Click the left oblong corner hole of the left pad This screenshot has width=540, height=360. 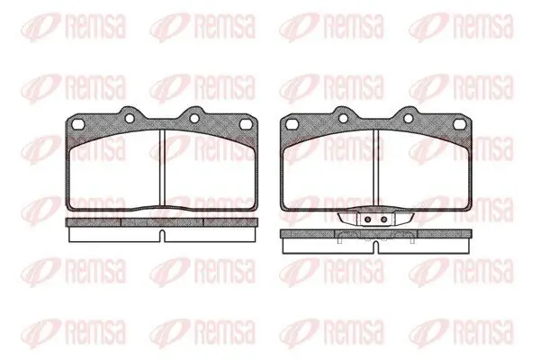tap(78, 124)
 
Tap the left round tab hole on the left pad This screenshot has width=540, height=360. tap(130, 118)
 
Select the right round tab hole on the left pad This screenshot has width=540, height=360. tap(194, 118)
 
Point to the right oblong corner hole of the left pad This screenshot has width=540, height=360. tap(246, 124)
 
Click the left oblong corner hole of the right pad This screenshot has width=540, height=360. tap(292, 124)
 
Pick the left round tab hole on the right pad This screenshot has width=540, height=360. tap(344, 118)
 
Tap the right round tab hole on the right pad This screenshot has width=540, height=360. tap(409, 118)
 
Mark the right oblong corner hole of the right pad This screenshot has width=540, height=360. tap(460, 124)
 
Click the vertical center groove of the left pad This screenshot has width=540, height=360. tap(162, 169)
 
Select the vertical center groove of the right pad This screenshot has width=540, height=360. tap(376, 169)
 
